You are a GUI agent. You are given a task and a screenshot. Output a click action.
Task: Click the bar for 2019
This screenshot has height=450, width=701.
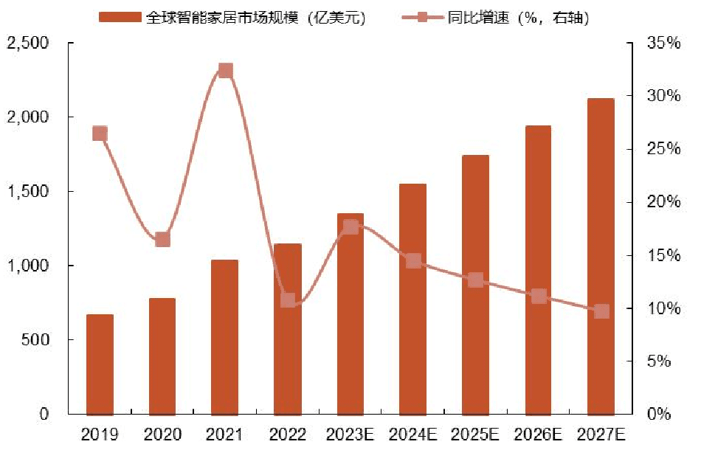click(100, 364)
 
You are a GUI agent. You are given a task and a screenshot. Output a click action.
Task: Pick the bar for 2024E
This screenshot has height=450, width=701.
click(412, 299)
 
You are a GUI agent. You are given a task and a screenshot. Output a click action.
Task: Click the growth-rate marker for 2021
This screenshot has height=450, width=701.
click(226, 71)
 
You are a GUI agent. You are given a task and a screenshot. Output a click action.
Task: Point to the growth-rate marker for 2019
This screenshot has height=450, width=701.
click(100, 134)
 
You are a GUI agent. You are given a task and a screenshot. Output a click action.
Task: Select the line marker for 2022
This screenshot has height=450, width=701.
click(288, 300)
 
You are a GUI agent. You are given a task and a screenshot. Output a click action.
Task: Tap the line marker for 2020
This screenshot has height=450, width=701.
click(163, 239)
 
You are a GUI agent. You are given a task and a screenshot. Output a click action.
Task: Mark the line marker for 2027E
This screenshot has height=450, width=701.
click(601, 311)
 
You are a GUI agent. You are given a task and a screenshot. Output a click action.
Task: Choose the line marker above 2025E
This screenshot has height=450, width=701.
click(475, 280)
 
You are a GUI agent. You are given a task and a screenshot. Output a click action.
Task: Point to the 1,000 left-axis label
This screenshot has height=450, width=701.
click(27, 266)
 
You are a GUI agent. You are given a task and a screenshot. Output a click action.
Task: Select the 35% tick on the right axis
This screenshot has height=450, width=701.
click(663, 44)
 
